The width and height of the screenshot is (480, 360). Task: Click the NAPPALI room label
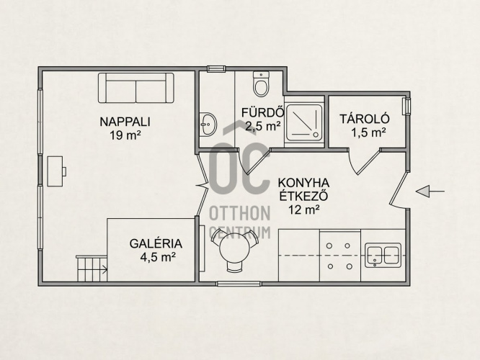(x=125, y=122)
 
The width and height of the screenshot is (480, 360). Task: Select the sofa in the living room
(x=136, y=88)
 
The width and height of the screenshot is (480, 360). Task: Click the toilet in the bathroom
(x=261, y=84)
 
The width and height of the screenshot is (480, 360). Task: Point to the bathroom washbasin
(x=208, y=124)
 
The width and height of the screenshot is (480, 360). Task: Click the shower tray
(x=304, y=122)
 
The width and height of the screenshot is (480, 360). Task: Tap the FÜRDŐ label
(x=262, y=112)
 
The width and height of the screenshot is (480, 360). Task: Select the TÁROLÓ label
(x=364, y=119)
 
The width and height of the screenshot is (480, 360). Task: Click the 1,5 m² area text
(x=368, y=132)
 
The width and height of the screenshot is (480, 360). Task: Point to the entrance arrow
(x=430, y=192)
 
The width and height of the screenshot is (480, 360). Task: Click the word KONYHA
(x=303, y=183)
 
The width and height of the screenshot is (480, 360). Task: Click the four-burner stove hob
(x=340, y=256)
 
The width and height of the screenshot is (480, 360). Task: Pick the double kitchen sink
(x=383, y=255)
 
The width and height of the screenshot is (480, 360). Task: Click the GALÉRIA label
(x=156, y=244)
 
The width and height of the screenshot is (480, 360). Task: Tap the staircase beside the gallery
(x=92, y=269)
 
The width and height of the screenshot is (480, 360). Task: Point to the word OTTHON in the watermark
(x=240, y=213)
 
